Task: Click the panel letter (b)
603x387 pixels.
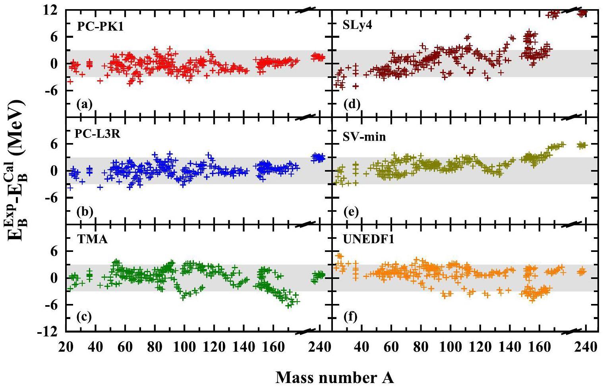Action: (85, 211)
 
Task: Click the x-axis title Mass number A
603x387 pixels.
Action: (334, 377)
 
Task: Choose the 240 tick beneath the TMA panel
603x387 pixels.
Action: (319, 346)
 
